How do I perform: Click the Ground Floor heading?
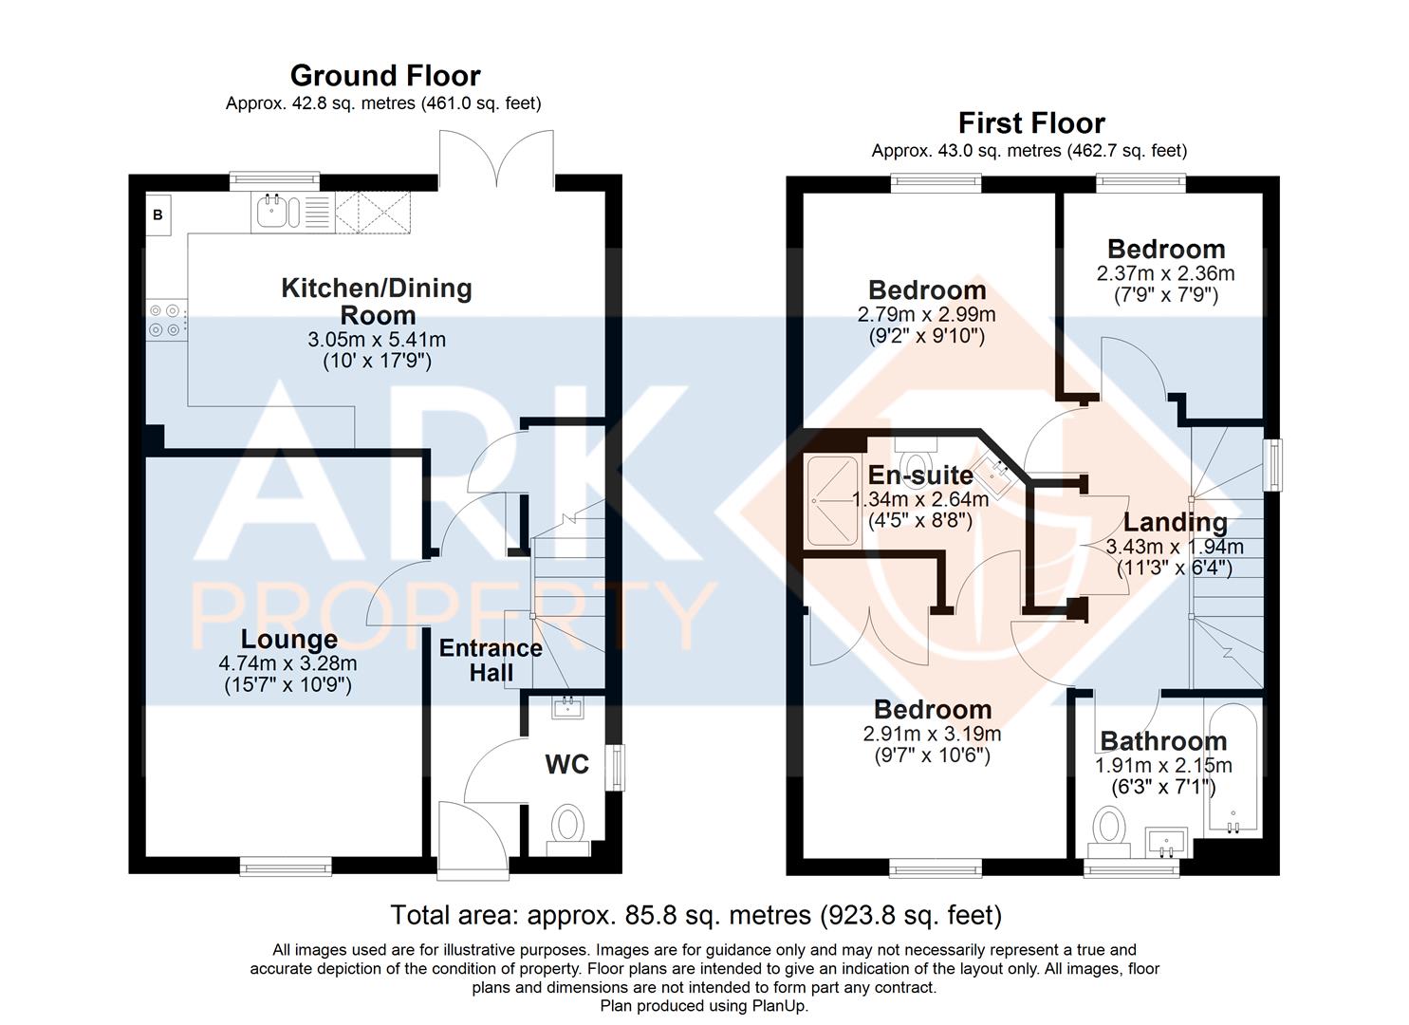(x=385, y=76)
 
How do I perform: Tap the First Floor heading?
(x=1031, y=123)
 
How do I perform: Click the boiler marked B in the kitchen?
(x=158, y=214)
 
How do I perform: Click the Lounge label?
(x=289, y=640)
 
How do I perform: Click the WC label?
(x=566, y=765)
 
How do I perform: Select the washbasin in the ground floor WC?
(x=568, y=707)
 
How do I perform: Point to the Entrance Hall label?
(x=491, y=660)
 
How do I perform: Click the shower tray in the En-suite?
(x=833, y=500)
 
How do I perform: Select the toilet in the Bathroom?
(x=1109, y=831)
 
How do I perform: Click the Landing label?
(x=1175, y=522)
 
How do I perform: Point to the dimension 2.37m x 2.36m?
(x=1165, y=273)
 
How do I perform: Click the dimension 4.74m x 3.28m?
(x=288, y=663)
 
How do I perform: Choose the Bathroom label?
(x=1163, y=741)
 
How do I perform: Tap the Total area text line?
(x=696, y=916)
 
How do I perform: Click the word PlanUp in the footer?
(x=779, y=1005)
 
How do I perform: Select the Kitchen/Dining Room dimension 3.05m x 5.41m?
(x=377, y=340)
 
